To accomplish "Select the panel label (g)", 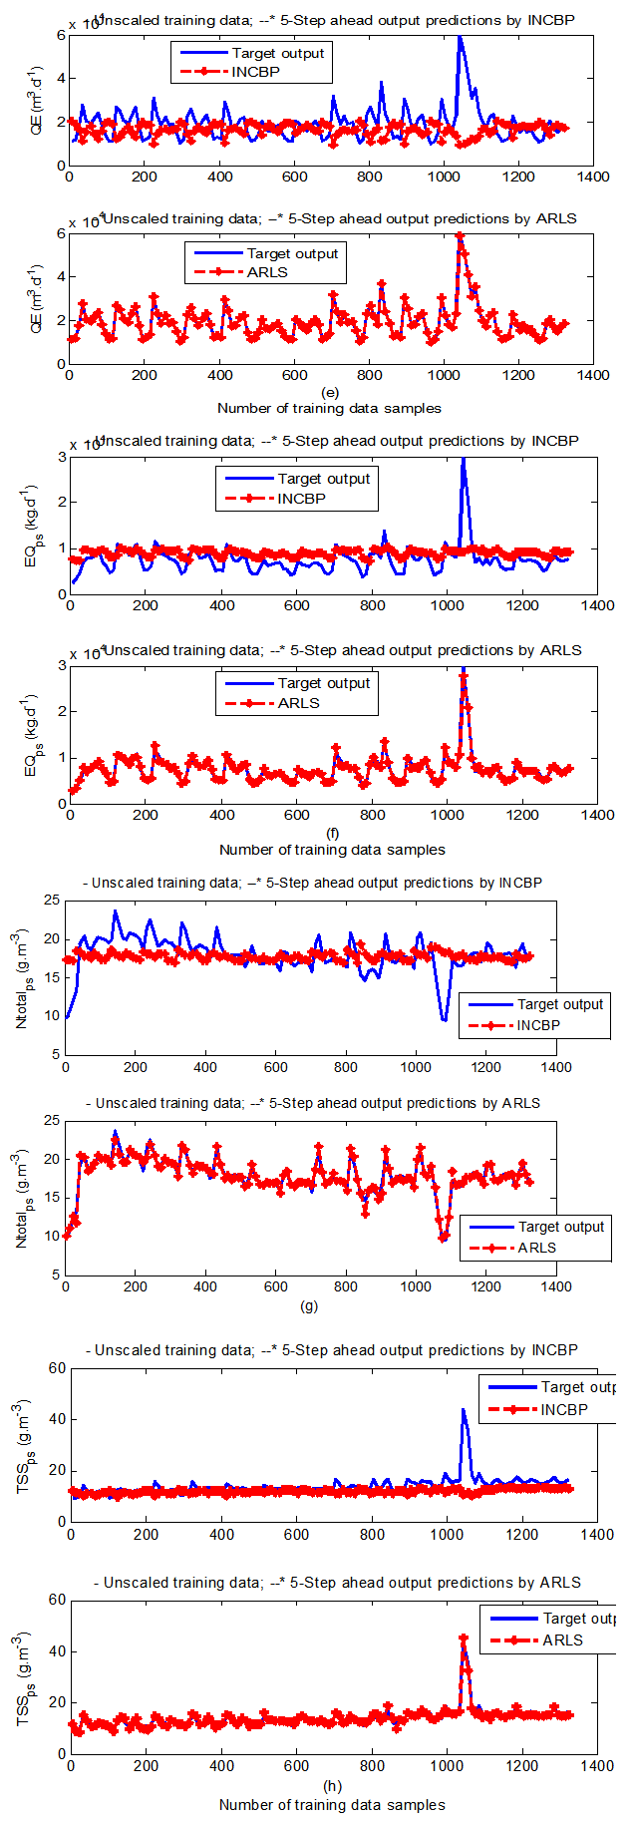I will (x=309, y=1305).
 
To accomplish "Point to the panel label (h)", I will (x=332, y=1786).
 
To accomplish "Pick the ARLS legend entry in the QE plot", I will (x=267, y=272).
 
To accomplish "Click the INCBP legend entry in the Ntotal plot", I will (x=538, y=1025).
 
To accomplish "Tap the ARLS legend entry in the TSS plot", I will (x=563, y=1640).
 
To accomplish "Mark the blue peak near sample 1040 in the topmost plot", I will (x=459, y=37).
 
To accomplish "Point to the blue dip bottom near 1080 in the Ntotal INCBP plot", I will (x=444, y=1019).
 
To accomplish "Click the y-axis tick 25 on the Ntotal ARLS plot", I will (x=51, y=1121).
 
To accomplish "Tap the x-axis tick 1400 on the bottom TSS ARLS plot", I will (x=597, y=1766).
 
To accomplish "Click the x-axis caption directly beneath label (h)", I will (x=332, y=1804).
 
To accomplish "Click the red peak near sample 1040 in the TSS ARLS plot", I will (x=463, y=1638).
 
